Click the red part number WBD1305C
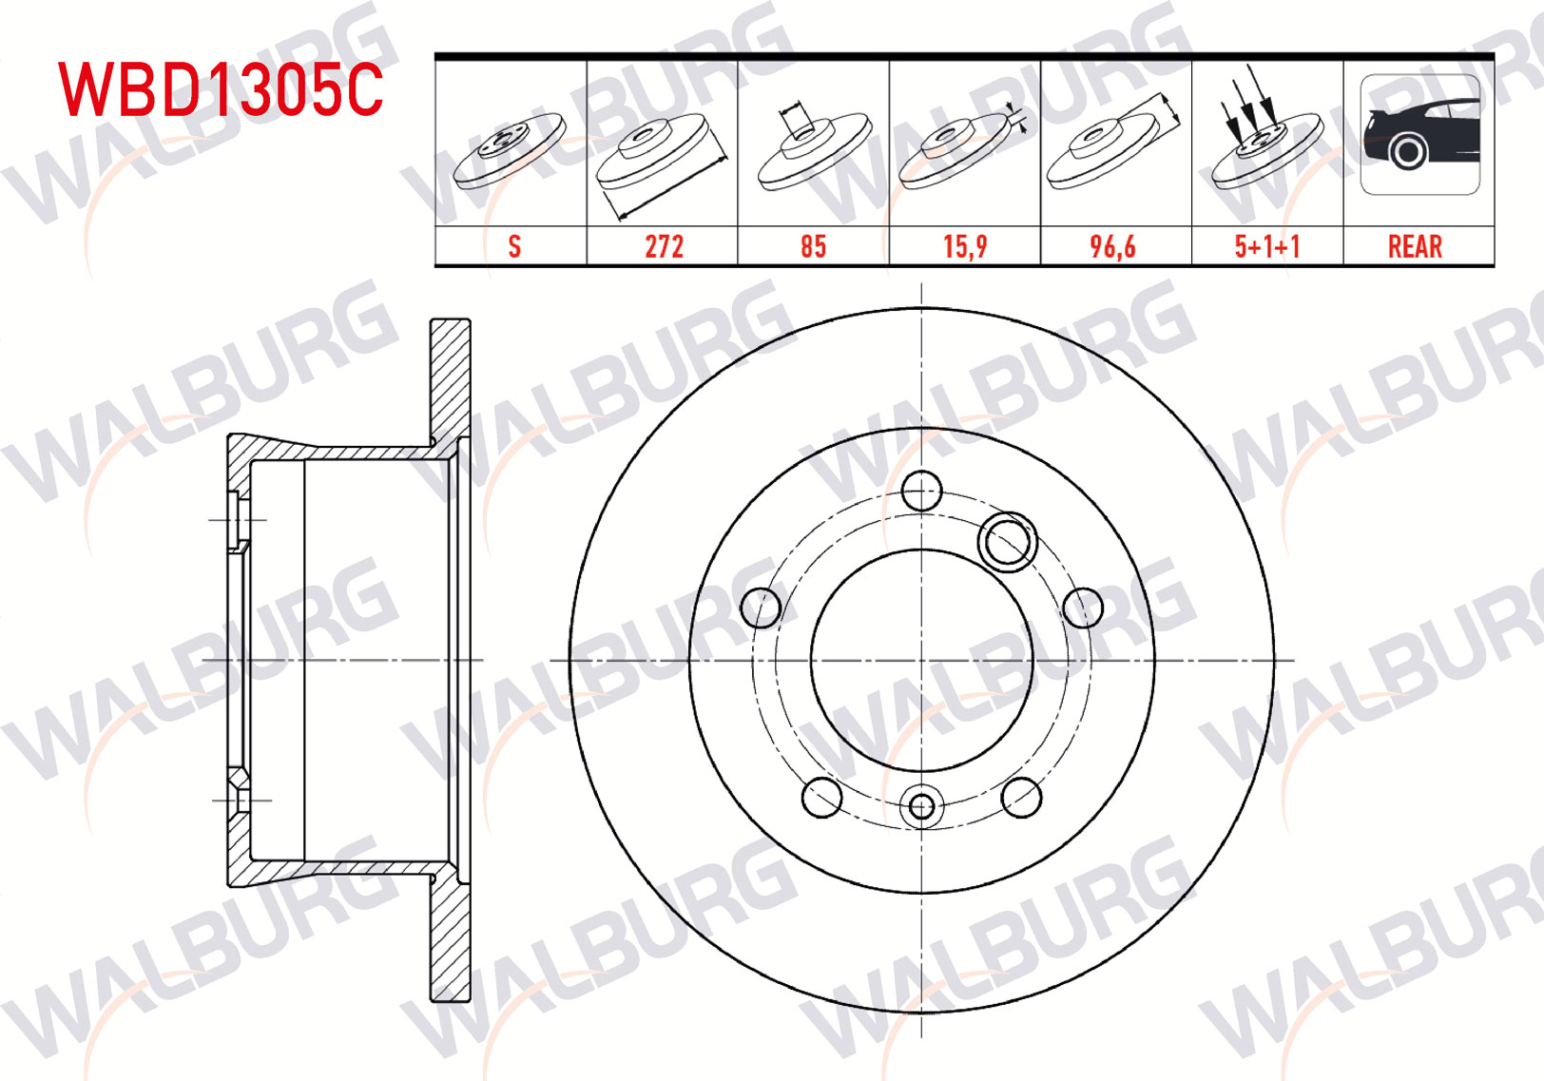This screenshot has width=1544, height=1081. coord(221,89)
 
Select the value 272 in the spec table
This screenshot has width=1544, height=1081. coord(664,246)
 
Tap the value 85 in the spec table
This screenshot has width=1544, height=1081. coord(814,246)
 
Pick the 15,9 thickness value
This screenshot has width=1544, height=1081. coord(965,246)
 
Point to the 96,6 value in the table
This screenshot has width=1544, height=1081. coord(1112,246)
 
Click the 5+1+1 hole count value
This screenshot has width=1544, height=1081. coord(1267,246)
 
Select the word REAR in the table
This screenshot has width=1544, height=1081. coord(1415,246)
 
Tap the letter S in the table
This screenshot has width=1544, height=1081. coord(514,246)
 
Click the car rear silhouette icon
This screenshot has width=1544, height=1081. coord(1420,134)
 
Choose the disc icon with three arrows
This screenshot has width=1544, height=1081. coord(1267,127)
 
